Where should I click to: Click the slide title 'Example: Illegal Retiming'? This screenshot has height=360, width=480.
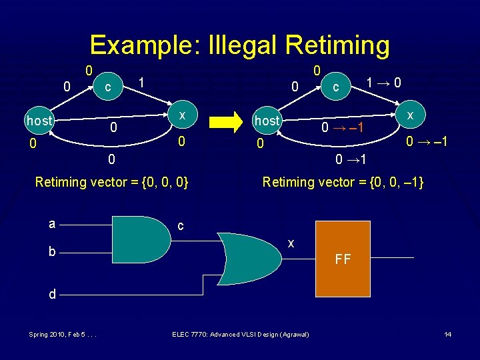pyautogui.click(x=239, y=45)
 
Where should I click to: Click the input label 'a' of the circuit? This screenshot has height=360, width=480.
pyautogui.click(x=51, y=225)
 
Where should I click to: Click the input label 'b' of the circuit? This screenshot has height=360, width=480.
pyautogui.click(x=51, y=252)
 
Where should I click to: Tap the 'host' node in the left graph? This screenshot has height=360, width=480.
pyautogui.click(x=39, y=121)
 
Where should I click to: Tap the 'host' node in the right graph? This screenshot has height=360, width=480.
pyautogui.click(x=267, y=121)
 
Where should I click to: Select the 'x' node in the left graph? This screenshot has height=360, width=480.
pyautogui.click(x=181, y=114)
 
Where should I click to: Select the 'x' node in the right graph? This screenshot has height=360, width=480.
pyautogui.click(x=411, y=114)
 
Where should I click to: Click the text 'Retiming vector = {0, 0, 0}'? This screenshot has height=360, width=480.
pyautogui.click(x=111, y=181)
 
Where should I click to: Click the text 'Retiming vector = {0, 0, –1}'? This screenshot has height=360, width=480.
pyautogui.click(x=343, y=181)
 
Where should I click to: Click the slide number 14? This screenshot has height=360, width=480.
pyautogui.click(x=447, y=333)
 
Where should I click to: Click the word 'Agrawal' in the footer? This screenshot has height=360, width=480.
pyautogui.click(x=292, y=333)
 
